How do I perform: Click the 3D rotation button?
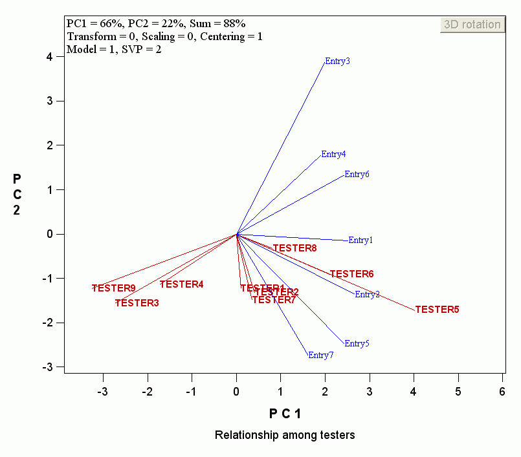point(472,25)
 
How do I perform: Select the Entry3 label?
point(337,61)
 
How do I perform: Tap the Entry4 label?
point(333,154)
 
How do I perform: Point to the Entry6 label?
point(357,174)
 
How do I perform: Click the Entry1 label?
point(360,240)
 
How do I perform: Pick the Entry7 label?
point(321,355)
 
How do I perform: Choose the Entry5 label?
point(357,344)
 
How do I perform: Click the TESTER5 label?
point(437,310)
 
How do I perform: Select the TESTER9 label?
point(113,288)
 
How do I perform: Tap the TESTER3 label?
point(137,303)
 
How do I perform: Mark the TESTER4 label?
point(181,284)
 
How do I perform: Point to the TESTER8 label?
point(294,248)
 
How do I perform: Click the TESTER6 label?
point(351,274)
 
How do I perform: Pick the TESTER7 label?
point(274,300)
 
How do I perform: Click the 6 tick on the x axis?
point(502,391)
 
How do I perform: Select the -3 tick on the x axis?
point(102,391)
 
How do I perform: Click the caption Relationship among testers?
point(285,435)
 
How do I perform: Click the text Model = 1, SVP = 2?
point(114,49)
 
